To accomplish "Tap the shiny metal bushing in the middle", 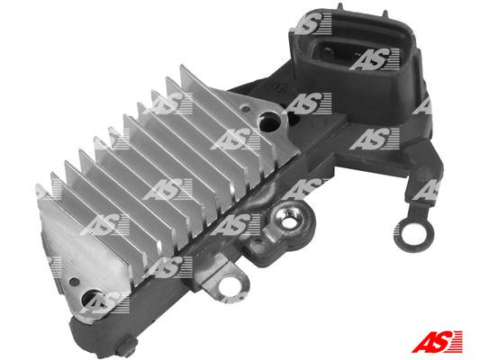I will coord(293,215).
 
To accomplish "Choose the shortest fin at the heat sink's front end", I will coord(45,193).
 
